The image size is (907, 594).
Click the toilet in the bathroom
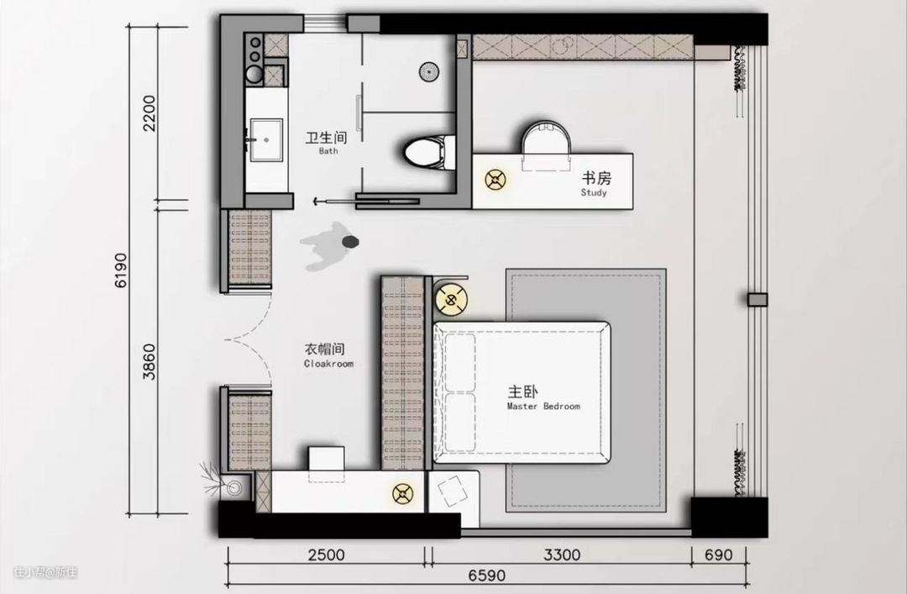tap(427, 154)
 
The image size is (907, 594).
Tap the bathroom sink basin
tap(267, 140)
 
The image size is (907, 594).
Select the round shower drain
tap(428, 71)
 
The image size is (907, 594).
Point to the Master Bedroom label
tap(543, 397)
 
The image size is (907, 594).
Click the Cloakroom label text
tap(328, 355)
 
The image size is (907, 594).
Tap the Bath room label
tap(327, 143)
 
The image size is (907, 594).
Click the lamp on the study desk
tap(495, 180)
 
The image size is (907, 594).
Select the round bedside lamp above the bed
tap(451, 300)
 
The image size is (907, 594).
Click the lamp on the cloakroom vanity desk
tap(403, 494)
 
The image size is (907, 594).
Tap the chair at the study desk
tap(546, 145)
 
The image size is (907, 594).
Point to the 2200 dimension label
tap(149, 113)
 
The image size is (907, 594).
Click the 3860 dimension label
tap(149, 362)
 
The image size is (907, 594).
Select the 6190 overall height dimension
tap(120, 271)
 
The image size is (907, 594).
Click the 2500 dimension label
tap(326, 555)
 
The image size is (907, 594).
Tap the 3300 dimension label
tap(562, 555)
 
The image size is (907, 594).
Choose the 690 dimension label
tap(718, 555)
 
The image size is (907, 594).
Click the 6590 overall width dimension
tap(486, 576)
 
